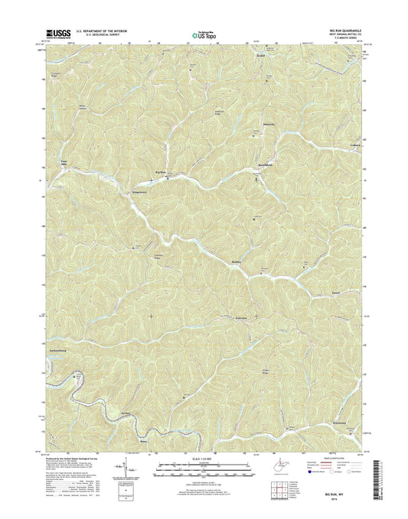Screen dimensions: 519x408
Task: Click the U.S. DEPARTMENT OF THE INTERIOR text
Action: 98,29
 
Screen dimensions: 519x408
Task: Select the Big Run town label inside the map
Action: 161,173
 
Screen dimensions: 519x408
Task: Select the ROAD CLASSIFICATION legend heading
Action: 330,456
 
